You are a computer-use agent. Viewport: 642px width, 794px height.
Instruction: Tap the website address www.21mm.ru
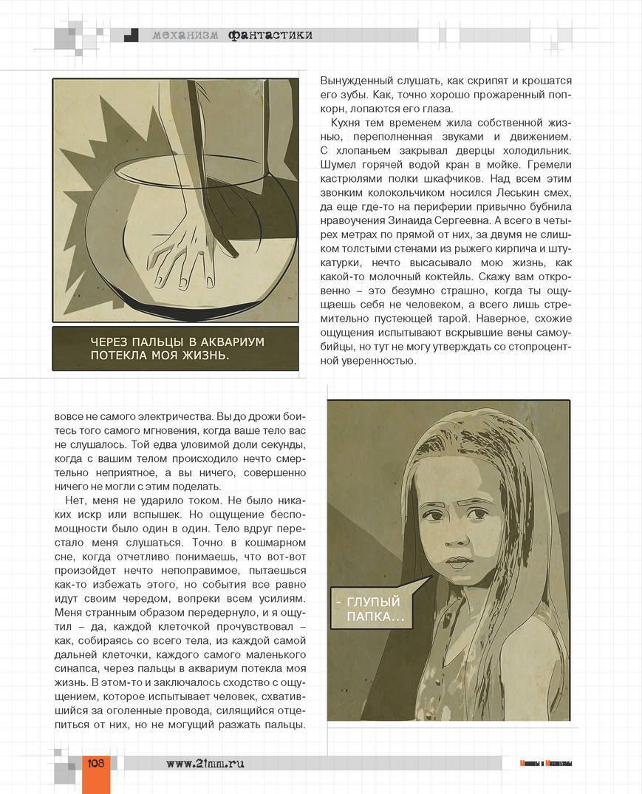(x=205, y=764)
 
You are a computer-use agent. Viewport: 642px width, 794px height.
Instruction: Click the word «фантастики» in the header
(x=270, y=35)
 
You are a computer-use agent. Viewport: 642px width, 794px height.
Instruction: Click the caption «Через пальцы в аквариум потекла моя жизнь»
(x=175, y=348)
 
